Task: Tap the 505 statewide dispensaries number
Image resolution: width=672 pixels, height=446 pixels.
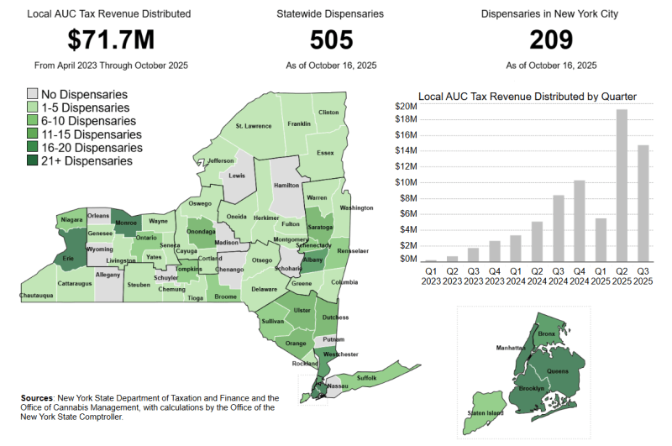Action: click(x=331, y=39)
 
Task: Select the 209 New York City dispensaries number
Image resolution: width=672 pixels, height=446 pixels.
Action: click(x=551, y=39)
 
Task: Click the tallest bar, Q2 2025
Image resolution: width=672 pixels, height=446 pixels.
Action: click(x=622, y=185)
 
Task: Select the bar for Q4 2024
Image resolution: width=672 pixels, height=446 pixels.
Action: click(x=580, y=221)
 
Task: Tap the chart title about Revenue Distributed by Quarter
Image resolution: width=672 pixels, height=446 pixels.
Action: click(x=527, y=96)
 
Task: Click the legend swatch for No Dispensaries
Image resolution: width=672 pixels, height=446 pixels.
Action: click(x=33, y=94)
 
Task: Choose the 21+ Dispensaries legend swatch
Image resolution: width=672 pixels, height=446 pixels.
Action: click(x=33, y=160)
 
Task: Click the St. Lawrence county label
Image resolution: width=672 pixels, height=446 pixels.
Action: click(x=253, y=126)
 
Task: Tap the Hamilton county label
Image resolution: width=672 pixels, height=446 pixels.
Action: click(x=287, y=185)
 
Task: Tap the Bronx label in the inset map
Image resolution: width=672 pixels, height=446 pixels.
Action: click(x=547, y=333)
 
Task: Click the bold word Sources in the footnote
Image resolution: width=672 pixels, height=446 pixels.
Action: click(x=37, y=397)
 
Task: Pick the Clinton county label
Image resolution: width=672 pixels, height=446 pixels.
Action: click(x=328, y=112)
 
